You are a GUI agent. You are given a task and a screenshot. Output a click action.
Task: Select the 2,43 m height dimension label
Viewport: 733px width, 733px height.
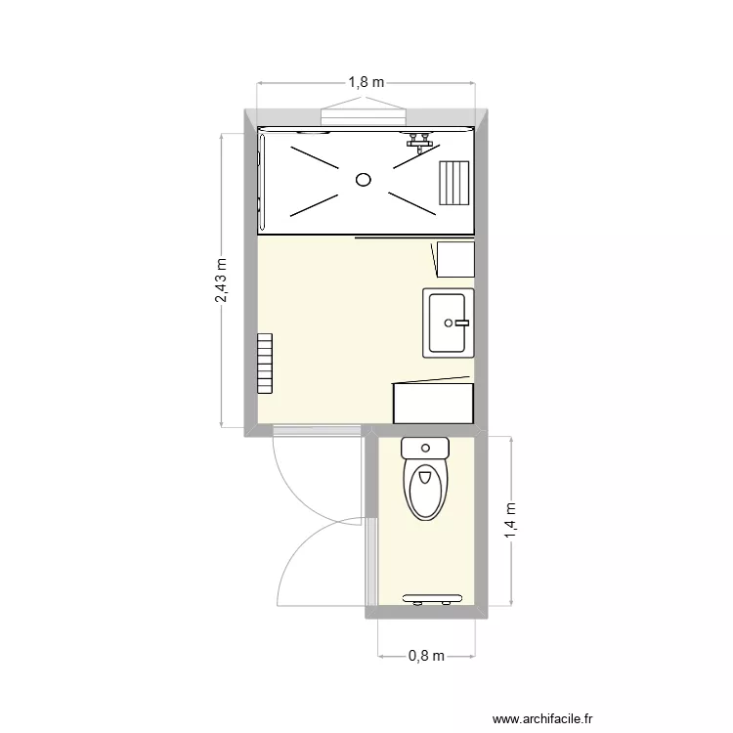click(x=222, y=280)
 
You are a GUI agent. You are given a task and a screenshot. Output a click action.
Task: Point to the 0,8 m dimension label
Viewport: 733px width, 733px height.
click(x=426, y=656)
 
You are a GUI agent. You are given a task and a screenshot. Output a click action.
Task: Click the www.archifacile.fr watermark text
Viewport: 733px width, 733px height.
click(x=542, y=718)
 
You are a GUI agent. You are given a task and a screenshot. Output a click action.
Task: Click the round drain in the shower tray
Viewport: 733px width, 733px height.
click(x=364, y=179)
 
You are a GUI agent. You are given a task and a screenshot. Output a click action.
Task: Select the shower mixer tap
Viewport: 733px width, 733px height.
click(x=420, y=142)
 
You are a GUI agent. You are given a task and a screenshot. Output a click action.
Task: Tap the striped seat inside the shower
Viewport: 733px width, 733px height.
click(x=453, y=183)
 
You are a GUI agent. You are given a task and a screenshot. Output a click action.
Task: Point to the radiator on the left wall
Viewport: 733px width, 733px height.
click(x=265, y=363)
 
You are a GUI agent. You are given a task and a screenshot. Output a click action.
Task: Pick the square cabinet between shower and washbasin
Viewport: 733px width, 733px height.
click(x=454, y=259)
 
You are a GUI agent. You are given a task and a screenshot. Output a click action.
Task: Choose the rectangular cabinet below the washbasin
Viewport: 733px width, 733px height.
click(x=433, y=403)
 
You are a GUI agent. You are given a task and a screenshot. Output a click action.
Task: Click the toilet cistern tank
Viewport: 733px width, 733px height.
click(x=425, y=450)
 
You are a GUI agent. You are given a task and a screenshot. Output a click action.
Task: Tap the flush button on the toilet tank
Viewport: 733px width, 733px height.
click(x=425, y=449)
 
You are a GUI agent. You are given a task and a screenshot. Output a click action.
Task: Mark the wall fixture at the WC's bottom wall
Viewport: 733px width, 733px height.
click(x=432, y=598)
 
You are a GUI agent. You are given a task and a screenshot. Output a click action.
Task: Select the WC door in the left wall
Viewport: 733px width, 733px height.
click(x=371, y=562)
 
